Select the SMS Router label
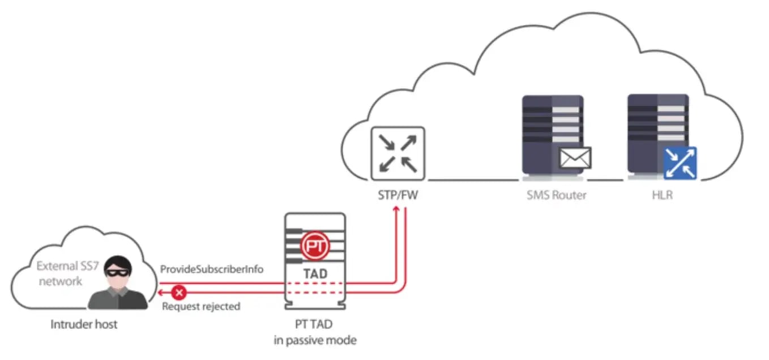(556, 195)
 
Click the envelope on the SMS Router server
(575, 157)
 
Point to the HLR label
(661, 195)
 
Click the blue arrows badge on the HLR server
(680, 162)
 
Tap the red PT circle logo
(315, 246)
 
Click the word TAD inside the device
(315, 273)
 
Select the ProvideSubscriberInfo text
(212, 269)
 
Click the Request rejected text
(201, 307)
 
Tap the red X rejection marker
(180, 293)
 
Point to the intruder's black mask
(118, 271)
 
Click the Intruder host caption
(84, 325)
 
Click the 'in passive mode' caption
(315, 341)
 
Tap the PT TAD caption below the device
(315, 325)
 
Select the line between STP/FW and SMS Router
(473, 180)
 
